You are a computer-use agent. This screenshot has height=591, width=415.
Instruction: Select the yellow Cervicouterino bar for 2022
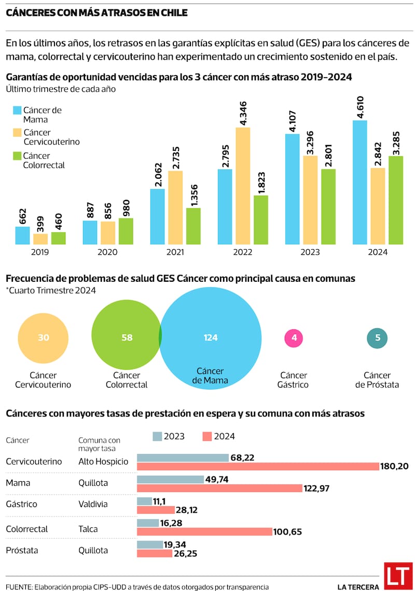[243, 186]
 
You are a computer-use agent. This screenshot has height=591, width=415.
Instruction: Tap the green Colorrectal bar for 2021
[193, 226]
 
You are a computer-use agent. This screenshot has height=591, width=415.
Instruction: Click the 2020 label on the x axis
[108, 252]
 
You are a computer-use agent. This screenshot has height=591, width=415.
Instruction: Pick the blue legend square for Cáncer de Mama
[17, 110]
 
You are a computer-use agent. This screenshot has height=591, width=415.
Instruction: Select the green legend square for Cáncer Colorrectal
[17, 156]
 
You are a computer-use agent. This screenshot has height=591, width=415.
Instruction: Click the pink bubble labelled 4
[294, 338]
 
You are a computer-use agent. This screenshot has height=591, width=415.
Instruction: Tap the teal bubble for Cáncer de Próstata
[378, 338]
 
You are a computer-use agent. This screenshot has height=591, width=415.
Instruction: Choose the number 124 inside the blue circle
[211, 338]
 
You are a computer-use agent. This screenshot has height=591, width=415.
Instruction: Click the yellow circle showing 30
[44, 338]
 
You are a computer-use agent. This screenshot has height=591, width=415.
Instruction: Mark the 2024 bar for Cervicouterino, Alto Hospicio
[258, 467]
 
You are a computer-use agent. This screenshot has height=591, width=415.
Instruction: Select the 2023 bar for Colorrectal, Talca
[148, 523]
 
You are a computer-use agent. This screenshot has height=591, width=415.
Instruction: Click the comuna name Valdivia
[93, 503]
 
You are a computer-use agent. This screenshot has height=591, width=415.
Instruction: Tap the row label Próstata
[22, 550]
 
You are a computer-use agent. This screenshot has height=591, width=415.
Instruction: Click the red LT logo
[398, 576]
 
